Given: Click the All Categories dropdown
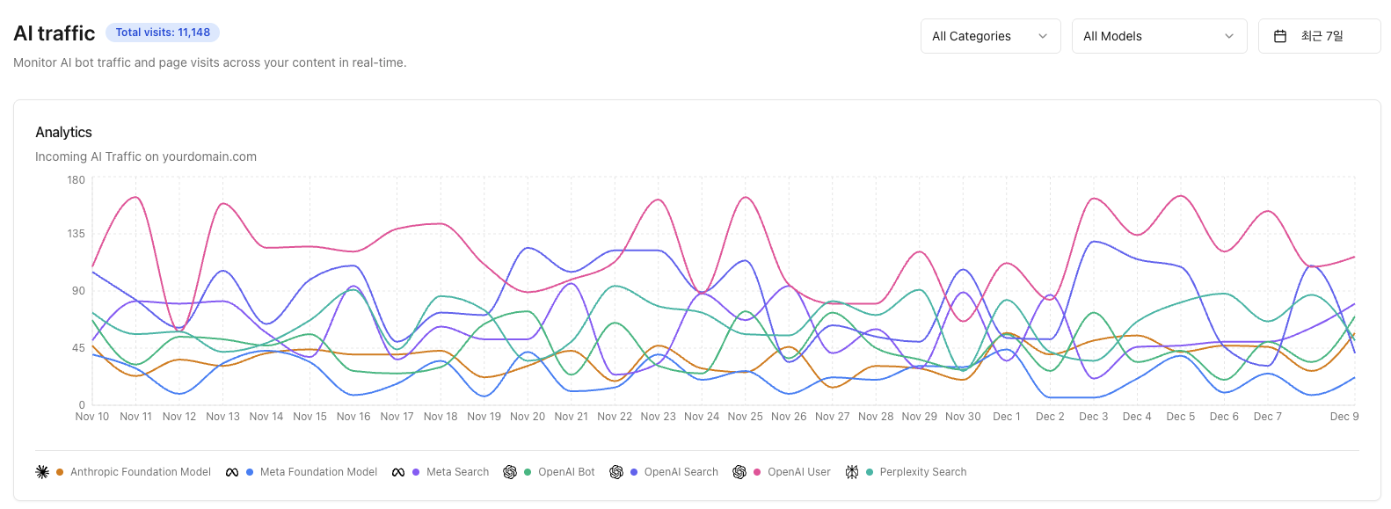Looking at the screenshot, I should [990, 36].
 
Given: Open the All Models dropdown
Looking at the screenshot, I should [1158, 36].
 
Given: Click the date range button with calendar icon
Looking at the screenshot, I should [1319, 36].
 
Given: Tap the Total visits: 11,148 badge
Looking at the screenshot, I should [163, 33].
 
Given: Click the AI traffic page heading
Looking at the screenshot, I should [55, 33].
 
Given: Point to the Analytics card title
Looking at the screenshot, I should [63, 132].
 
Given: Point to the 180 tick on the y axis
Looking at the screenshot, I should [76, 180].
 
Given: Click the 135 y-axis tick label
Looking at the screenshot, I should [76, 234].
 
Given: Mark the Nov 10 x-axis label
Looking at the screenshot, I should [92, 417].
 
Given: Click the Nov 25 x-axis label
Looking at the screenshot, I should [745, 417].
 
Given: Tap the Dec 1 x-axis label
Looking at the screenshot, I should [1006, 417].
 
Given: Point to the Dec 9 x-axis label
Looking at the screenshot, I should [1344, 417].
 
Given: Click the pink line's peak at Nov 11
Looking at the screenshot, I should [136, 197].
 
